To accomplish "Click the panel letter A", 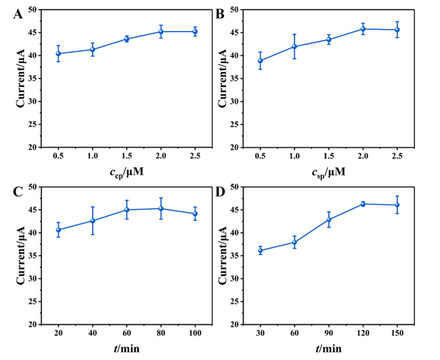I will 18,15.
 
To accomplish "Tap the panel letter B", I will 219,14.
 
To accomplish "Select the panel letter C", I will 18,192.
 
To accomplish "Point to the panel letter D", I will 220,192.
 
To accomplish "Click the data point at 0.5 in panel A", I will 58,54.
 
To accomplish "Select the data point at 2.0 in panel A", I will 161,32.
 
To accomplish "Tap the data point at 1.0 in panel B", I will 294,47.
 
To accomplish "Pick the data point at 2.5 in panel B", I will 397,29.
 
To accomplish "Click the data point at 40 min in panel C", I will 92,221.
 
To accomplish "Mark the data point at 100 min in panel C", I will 195,214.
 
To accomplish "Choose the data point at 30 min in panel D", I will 260,251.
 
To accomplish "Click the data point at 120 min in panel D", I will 363,203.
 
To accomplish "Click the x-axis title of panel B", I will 328,171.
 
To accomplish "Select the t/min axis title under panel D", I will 328,348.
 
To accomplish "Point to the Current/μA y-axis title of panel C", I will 21,255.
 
